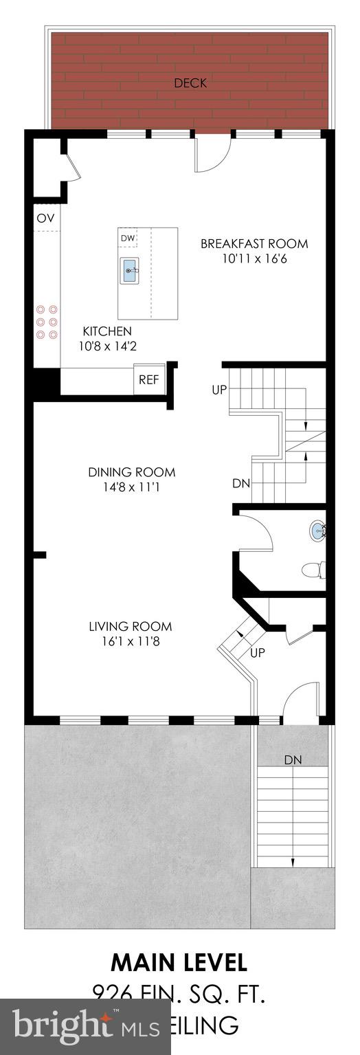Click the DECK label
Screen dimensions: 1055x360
click(x=190, y=83)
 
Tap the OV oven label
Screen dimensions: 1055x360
click(x=45, y=218)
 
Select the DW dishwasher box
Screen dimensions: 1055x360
click(x=128, y=238)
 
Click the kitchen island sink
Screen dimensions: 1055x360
click(x=131, y=271)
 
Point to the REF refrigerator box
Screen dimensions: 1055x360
click(x=148, y=379)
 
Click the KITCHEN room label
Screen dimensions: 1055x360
click(x=107, y=331)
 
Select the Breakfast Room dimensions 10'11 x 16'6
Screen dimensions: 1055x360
click(x=254, y=259)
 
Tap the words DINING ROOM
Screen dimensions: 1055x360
click(x=131, y=472)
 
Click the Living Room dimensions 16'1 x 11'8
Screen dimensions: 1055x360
click(x=130, y=642)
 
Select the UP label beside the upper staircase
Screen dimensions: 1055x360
click(x=219, y=390)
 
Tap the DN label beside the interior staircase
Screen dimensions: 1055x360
click(x=240, y=483)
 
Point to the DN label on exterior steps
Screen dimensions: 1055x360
click(x=293, y=760)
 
